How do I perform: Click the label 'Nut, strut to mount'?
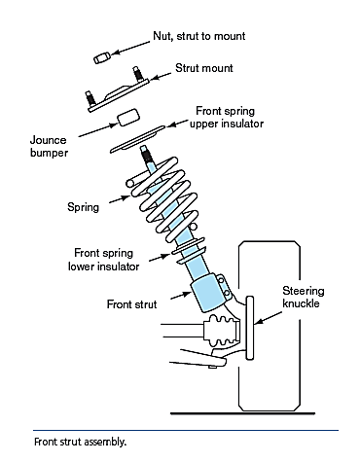(x=199, y=36)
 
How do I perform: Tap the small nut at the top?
(x=102, y=58)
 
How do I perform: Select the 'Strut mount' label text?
(x=204, y=68)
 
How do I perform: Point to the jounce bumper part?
(x=128, y=117)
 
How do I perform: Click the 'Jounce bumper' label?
(x=49, y=147)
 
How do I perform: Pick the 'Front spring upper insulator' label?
(x=227, y=117)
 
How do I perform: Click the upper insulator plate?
(x=137, y=139)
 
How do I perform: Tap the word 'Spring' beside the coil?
(x=83, y=207)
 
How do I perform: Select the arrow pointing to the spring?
(x=120, y=199)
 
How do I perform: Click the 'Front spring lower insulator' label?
(x=103, y=260)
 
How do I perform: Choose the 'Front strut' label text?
(x=131, y=304)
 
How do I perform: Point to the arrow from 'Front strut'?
(x=181, y=296)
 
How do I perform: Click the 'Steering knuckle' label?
(x=303, y=297)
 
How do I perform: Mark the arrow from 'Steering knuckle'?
(x=269, y=318)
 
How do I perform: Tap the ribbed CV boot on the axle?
(x=222, y=330)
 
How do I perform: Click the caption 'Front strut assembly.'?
(x=80, y=442)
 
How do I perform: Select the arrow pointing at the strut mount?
(x=161, y=76)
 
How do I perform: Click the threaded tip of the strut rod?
(x=146, y=154)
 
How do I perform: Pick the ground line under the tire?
(x=242, y=413)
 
